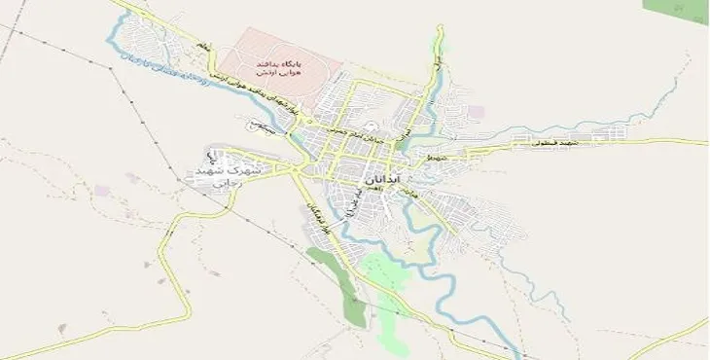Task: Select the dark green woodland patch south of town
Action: pyautogui.click(x=341, y=281)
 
